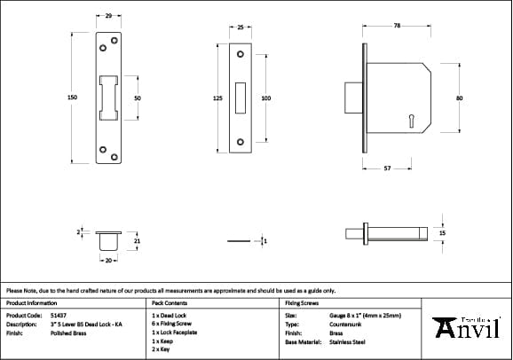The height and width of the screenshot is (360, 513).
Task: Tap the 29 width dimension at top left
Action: [x=107, y=17]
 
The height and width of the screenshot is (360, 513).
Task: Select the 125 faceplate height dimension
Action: [x=217, y=98]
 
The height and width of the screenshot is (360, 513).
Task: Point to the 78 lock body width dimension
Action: [x=397, y=27]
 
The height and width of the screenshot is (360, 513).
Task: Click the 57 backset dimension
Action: [x=387, y=167]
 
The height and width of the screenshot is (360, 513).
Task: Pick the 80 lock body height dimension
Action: [x=459, y=98]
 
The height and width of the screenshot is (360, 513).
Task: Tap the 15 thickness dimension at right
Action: [x=443, y=232]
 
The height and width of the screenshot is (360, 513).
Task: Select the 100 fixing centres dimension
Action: [x=265, y=98]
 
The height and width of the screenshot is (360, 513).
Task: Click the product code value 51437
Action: [x=58, y=315]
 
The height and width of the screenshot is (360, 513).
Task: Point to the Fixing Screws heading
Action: [x=302, y=302]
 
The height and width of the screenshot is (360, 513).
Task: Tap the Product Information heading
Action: [x=31, y=302]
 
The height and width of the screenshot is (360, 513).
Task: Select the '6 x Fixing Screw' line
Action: [x=172, y=324]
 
